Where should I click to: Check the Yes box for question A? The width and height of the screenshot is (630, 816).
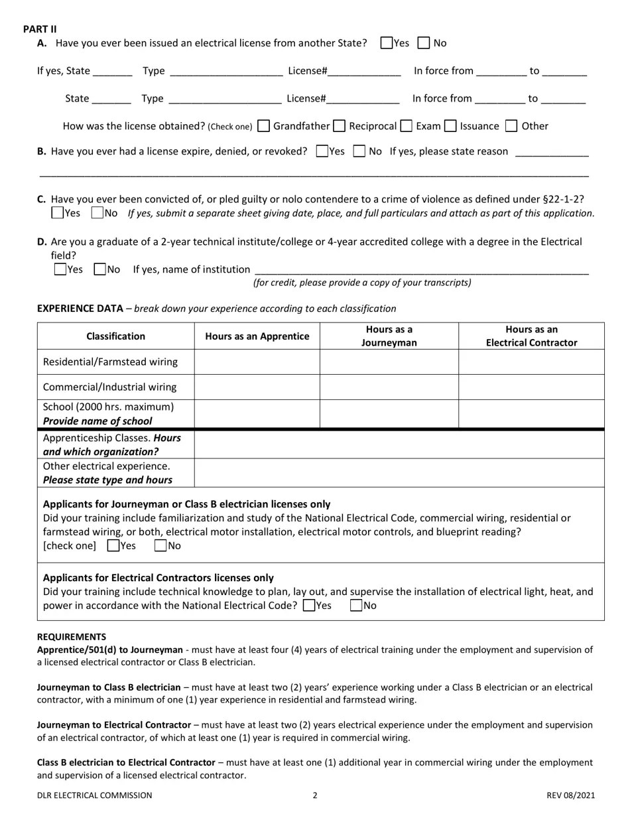tap(387, 43)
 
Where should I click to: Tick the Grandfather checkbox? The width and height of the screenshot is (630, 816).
tap(263, 126)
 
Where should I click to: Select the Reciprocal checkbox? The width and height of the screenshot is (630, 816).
tap(340, 126)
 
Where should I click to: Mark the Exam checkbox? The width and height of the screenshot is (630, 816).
tap(407, 126)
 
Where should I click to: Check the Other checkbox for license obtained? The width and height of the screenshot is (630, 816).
tap(511, 126)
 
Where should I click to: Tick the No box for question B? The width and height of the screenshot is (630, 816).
tap(359, 151)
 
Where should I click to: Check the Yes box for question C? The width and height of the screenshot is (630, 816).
tap(58, 213)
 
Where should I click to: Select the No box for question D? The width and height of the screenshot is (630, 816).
tap(100, 269)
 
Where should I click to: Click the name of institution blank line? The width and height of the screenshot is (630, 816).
tap(421, 269)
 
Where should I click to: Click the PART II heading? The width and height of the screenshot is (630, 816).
tap(40, 29)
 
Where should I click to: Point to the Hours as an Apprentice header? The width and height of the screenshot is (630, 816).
tap(257, 336)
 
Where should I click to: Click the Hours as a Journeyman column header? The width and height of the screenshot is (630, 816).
tap(389, 336)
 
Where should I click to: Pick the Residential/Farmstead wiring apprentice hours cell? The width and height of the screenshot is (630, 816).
tap(257, 362)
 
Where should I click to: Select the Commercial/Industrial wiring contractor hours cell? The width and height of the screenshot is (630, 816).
tap(531, 387)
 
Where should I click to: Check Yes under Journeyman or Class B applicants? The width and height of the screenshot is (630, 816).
tap(113, 546)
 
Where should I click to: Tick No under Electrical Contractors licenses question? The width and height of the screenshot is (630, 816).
tap(356, 605)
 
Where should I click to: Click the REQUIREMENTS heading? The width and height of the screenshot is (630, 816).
tap(72, 636)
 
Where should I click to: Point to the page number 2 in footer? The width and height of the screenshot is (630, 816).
tap(315, 795)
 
